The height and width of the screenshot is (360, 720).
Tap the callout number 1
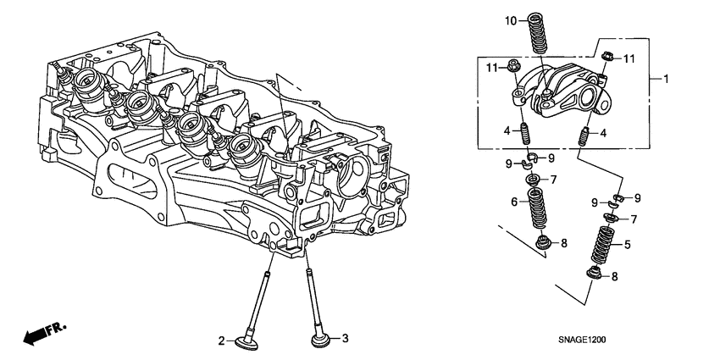tap(666, 80)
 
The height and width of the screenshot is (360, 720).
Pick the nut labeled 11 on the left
tap(516, 66)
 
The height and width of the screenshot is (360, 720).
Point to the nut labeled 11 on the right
tap(606, 58)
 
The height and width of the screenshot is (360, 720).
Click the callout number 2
tap(222, 341)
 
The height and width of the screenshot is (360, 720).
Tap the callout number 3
tap(345, 339)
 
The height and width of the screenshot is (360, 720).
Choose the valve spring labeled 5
tap(602, 246)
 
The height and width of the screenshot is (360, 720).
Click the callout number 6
tap(514, 202)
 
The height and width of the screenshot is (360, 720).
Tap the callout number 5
tap(628, 245)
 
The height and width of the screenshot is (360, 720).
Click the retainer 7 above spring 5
tap(608, 219)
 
